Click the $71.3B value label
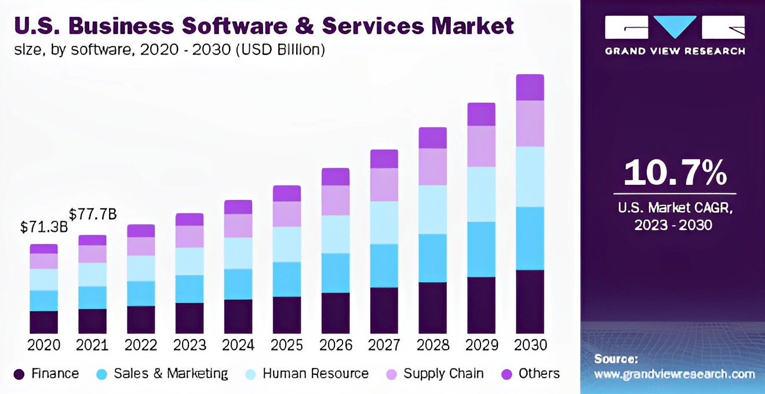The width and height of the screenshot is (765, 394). pyautogui.click(x=43, y=227)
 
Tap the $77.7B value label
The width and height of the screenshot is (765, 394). pyautogui.click(x=93, y=214)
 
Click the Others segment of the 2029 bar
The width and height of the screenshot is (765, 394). pyautogui.click(x=481, y=114)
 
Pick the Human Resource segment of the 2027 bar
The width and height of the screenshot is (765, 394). pyautogui.click(x=384, y=222)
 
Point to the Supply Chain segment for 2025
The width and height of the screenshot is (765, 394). pyautogui.click(x=287, y=214)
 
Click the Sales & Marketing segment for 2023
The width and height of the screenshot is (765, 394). pyautogui.click(x=190, y=289)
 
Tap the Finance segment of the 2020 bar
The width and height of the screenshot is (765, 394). pyautogui.click(x=43, y=322)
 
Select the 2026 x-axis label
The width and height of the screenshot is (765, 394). pyautogui.click(x=336, y=345)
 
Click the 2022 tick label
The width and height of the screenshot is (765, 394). pyautogui.click(x=141, y=345)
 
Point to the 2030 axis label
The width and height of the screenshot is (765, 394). pyautogui.click(x=530, y=345)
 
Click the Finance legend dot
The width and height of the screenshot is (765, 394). pyautogui.click(x=19, y=374)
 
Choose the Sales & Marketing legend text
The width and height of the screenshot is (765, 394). pyautogui.click(x=171, y=374)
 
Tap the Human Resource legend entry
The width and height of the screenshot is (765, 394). pyautogui.click(x=315, y=374)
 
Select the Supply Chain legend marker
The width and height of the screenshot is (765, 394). pyautogui.click(x=391, y=374)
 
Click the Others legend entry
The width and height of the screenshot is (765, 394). pyautogui.click(x=539, y=374)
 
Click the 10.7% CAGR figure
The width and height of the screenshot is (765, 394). pyautogui.click(x=674, y=173)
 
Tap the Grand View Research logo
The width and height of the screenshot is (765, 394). pyautogui.click(x=675, y=35)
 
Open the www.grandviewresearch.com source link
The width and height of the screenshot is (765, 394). pyautogui.click(x=674, y=374)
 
